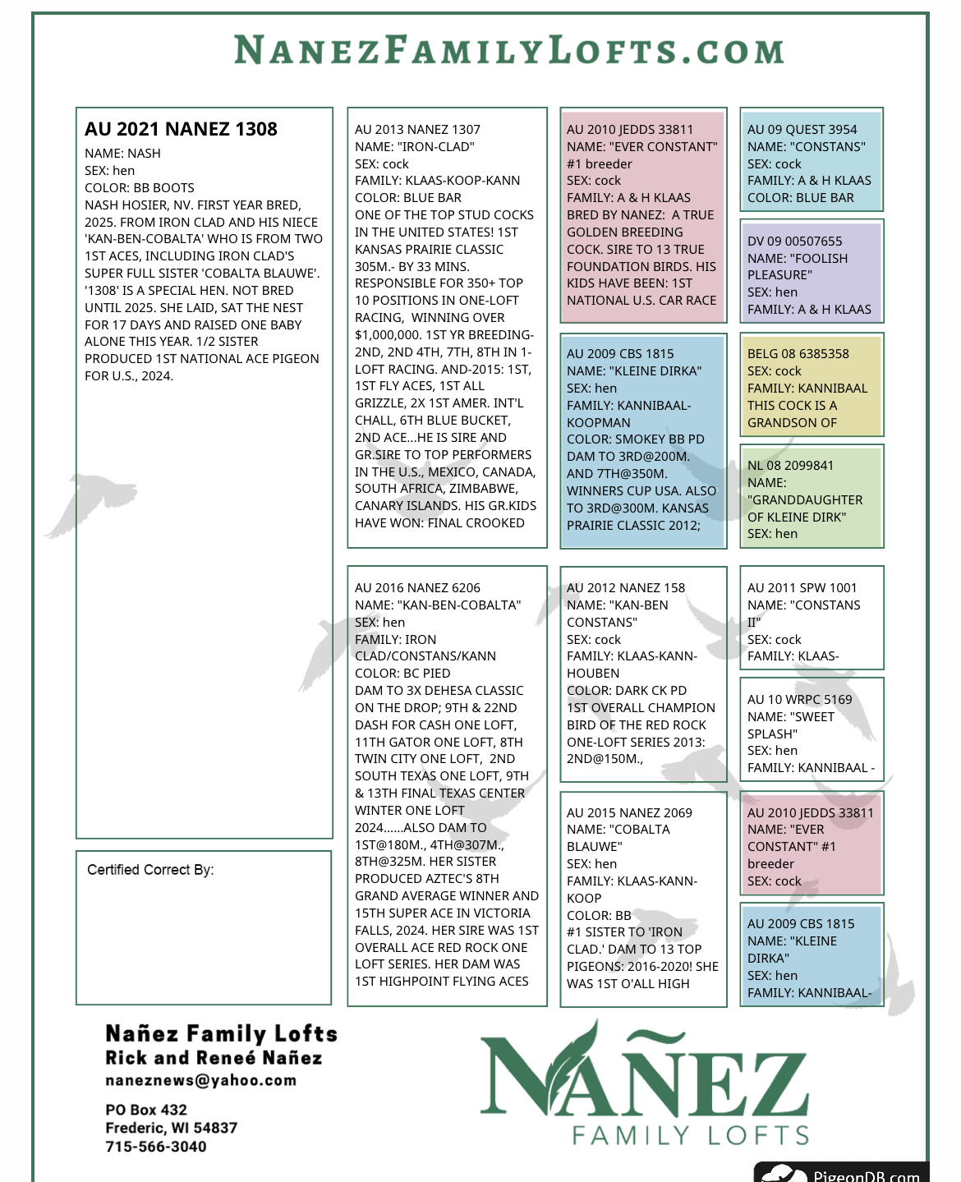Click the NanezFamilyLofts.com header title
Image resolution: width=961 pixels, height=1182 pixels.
tap(508, 51)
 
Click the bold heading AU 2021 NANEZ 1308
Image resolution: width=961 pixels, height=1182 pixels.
tap(181, 129)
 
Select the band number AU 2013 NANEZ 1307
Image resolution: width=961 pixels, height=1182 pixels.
tap(417, 130)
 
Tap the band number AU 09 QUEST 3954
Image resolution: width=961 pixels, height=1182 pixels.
tap(802, 130)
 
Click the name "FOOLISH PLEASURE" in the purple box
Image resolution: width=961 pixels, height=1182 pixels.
tap(797, 267)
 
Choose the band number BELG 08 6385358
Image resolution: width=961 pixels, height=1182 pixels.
tap(798, 354)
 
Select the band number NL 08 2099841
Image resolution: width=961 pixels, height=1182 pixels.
tap(790, 466)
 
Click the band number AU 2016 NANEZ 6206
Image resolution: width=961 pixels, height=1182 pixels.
tap(417, 588)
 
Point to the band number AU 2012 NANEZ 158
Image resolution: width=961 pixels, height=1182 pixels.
tap(625, 588)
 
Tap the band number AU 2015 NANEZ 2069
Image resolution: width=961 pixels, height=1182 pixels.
tap(629, 813)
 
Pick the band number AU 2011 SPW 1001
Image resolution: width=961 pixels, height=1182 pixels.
tap(802, 588)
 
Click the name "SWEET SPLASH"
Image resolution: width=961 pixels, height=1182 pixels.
tap(793, 725)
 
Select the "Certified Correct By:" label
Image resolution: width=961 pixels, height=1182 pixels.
tap(150, 870)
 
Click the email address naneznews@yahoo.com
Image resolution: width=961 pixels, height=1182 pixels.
tap(200, 1080)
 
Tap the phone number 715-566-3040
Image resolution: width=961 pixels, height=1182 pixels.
tap(156, 1147)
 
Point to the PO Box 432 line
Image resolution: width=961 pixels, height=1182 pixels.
tap(146, 1110)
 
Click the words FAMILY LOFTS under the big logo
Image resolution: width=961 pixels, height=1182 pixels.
tap(690, 1136)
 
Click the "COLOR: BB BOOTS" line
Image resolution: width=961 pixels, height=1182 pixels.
tap(140, 188)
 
